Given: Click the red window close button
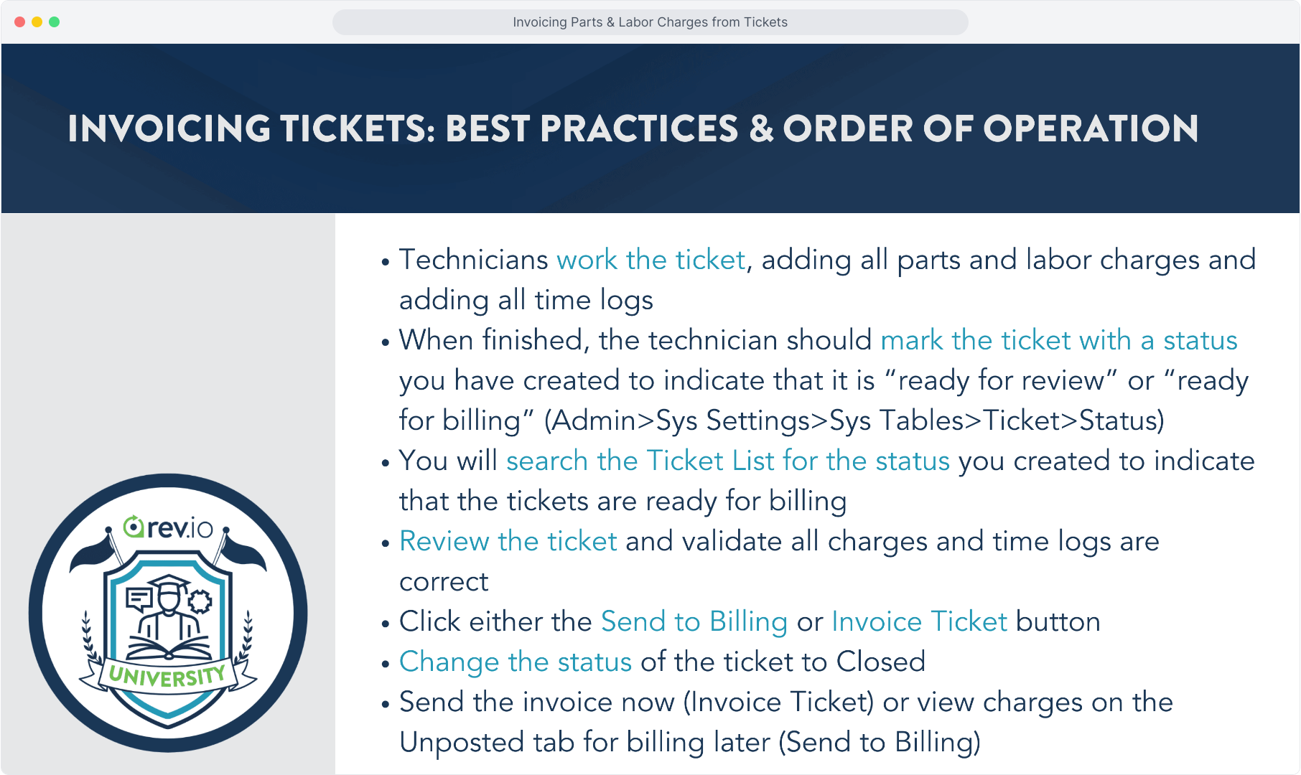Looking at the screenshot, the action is pyautogui.click(x=19, y=22).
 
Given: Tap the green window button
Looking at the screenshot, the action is pyautogui.click(x=54, y=22).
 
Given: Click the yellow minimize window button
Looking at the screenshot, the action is pyautogui.click(x=37, y=22).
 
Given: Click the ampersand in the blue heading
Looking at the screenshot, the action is pyautogui.click(x=760, y=129).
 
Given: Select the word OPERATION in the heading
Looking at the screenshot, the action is pyautogui.click(x=1091, y=129).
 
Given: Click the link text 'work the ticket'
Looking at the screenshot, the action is pyautogui.click(x=651, y=260).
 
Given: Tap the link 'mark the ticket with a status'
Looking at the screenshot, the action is pyautogui.click(x=1059, y=340).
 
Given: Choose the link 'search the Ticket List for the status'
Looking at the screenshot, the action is pyautogui.click(x=728, y=461).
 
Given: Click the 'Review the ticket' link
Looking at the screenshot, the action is pyautogui.click(x=508, y=541).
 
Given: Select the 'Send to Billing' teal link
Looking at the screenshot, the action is pyautogui.click(x=694, y=622).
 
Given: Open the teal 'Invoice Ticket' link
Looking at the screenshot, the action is pyautogui.click(x=920, y=621).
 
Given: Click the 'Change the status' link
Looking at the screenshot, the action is pyautogui.click(x=516, y=662).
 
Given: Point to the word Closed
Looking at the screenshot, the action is pyautogui.click(x=881, y=662).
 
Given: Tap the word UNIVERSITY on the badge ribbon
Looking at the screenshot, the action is pyautogui.click(x=167, y=676).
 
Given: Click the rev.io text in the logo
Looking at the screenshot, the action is pyautogui.click(x=169, y=527).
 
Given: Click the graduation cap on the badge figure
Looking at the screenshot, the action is pyautogui.click(x=168, y=583).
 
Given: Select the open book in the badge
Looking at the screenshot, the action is pyautogui.click(x=169, y=649).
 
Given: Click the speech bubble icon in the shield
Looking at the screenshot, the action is pyautogui.click(x=139, y=599).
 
